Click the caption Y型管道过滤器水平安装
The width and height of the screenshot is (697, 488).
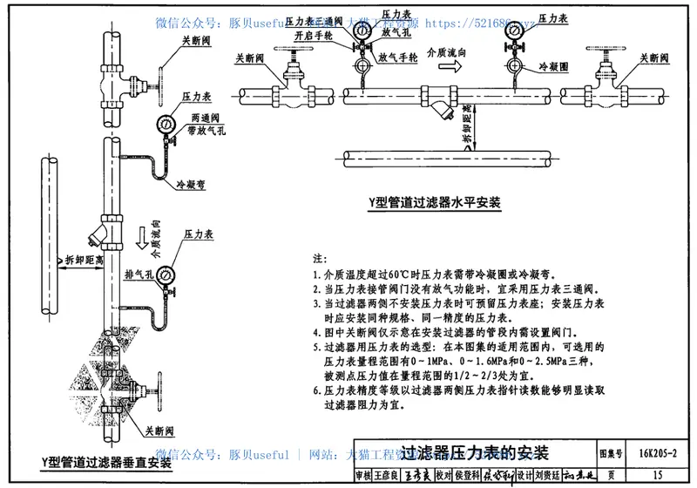[x=433, y=202]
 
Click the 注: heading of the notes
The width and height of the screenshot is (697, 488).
[x=316, y=260]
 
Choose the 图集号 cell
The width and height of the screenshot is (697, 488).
[x=613, y=454]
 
